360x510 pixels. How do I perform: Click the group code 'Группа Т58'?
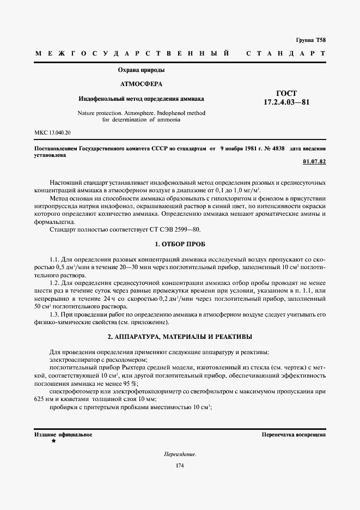pyautogui.click(x=310, y=40)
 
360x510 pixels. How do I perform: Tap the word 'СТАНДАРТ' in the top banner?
pyautogui.click(x=286, y=54)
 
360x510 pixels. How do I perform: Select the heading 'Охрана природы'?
pyautogui.click(x=142, y=70)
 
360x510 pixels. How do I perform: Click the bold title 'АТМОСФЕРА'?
pyautogui.click(x=141, y=84)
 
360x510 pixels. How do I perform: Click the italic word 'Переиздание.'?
pyautogui.click(x=180, y=454)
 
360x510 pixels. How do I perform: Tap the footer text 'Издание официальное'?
pyautogui.click(x=63, y=435)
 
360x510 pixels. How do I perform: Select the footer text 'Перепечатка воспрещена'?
pyautogui.click(x=294, y=435)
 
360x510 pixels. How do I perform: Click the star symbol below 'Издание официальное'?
pyautogui.click(x=53, y=441)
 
